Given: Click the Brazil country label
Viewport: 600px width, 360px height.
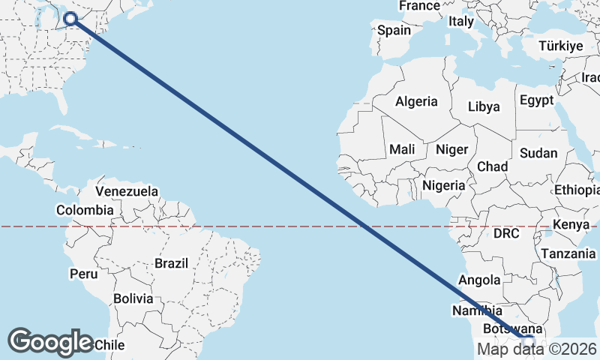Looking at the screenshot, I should (172, 263).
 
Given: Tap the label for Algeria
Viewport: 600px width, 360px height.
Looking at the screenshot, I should (416, 101).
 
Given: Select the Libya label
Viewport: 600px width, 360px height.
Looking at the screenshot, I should (484, 106).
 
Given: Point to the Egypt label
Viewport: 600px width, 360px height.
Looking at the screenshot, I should (536, 100).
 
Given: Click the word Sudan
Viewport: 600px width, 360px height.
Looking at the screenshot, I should (538, 153).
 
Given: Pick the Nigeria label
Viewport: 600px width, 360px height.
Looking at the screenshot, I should (445, 184).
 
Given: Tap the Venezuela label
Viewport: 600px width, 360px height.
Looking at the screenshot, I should (127, 191).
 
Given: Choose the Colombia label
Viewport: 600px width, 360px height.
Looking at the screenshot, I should (85, 210).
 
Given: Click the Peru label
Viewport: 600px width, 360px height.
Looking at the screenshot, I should (83, 274).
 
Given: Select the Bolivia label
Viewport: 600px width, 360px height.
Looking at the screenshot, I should (133, 298).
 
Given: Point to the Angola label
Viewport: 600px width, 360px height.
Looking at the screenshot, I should (479, 280).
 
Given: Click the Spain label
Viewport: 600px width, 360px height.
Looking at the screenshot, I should (394, 31).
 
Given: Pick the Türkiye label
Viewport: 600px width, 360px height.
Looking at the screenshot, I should (561, 46).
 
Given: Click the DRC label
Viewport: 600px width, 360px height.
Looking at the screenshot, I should (506, 234).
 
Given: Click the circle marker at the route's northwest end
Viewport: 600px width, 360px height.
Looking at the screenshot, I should (72, 19).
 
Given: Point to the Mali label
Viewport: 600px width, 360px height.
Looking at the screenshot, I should (402, 149).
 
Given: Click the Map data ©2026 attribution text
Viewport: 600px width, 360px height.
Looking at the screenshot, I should (538, 349).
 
